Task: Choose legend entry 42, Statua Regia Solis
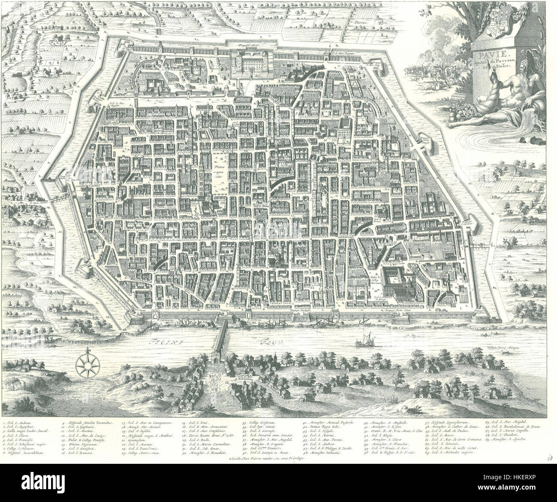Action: tap(323, 429)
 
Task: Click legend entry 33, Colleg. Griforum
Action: tap(255, 423)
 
